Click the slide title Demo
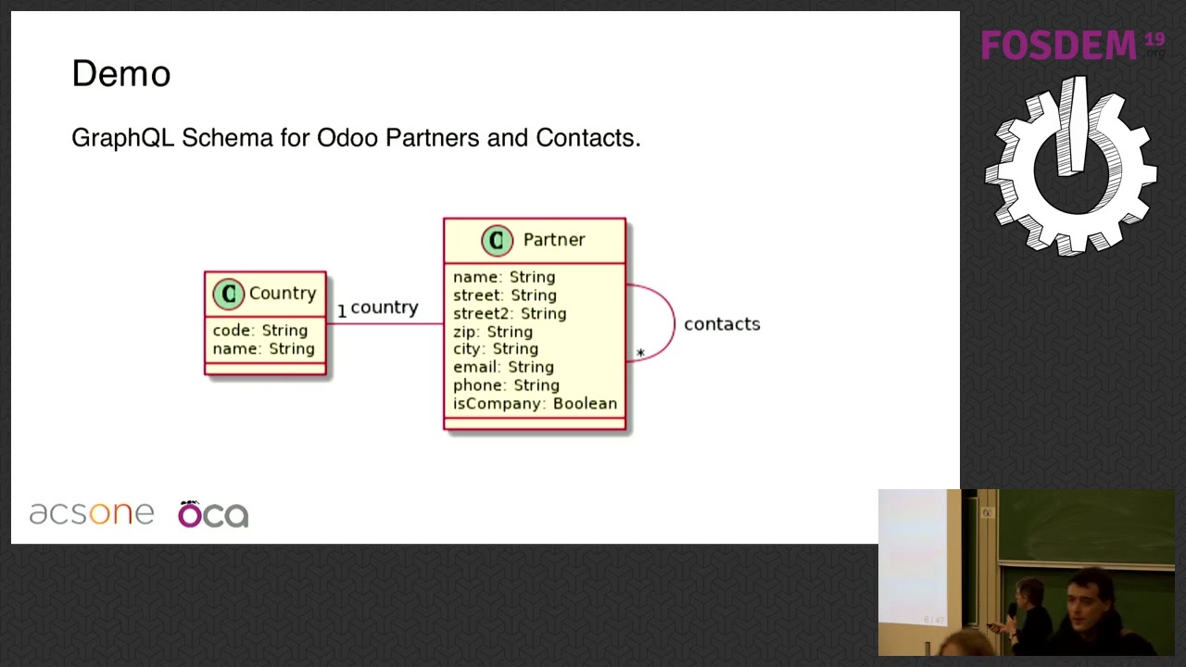(x=121, y=73)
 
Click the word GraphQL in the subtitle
(x=123, y=138)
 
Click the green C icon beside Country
(x=228, y=294)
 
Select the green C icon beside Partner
(x=498, y=241)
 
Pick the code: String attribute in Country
(x=260, y=331)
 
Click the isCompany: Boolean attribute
(x=535, y=404)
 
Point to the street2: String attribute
(x=510, y=313)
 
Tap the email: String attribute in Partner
(x=503, y=367)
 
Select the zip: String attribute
(x=492, y=332)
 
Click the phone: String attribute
(x=506, y=385)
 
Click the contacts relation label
(x=722, y=324)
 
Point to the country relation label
(x=385, y=308)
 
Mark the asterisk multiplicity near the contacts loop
(x=640, y=353)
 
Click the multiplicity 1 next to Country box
(x=342, y=311)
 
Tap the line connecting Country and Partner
(x=385, y=324)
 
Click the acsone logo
(x=92, y=513)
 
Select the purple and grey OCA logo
(x=213, y=514)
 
